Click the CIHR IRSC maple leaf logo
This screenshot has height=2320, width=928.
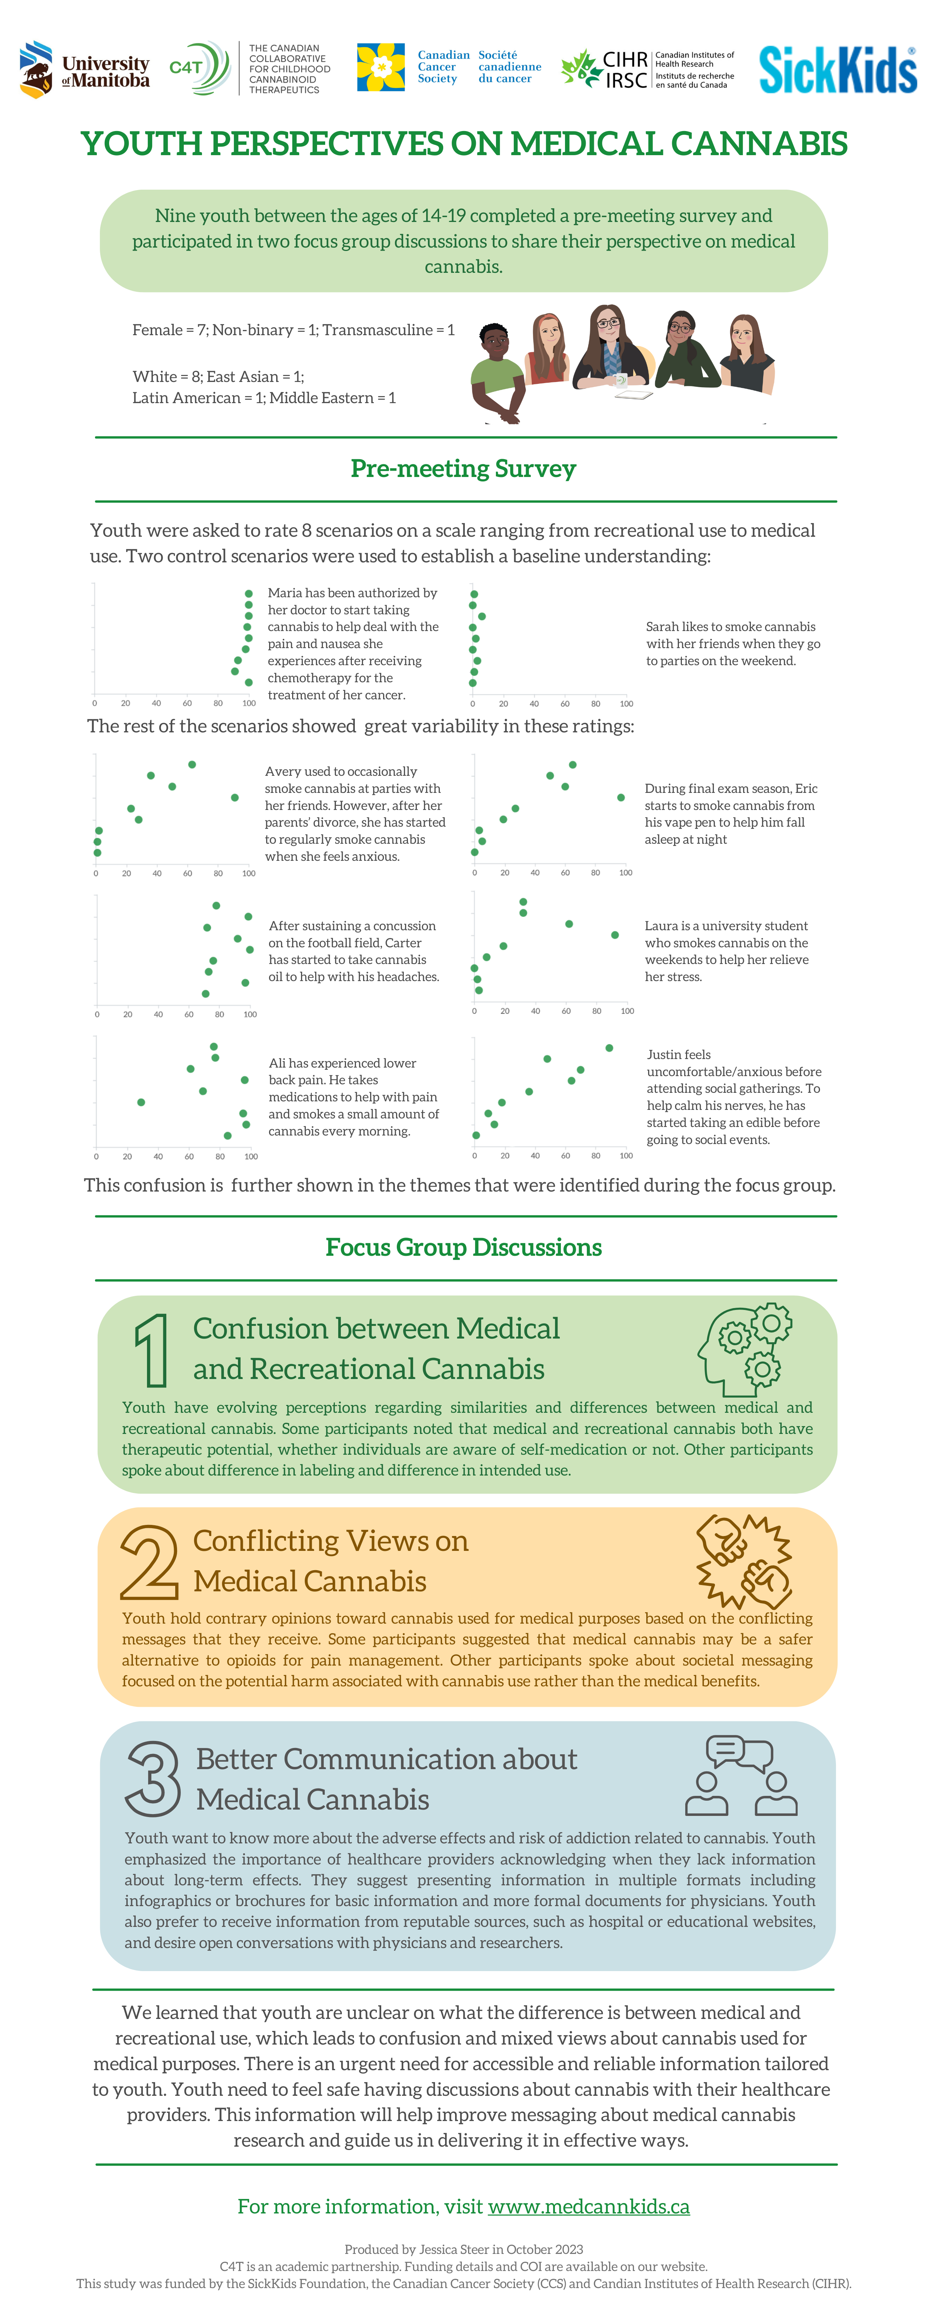(x=581, y=68)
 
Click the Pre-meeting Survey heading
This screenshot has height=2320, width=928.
(x=463, y=469)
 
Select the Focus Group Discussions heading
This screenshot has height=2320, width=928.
(x=463, y=1247)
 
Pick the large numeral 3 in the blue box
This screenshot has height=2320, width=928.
(x=153, y=1779)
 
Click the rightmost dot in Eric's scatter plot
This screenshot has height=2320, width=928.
(x=621, y=797)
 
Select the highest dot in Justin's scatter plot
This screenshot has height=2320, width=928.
(x=609, y=1048)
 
